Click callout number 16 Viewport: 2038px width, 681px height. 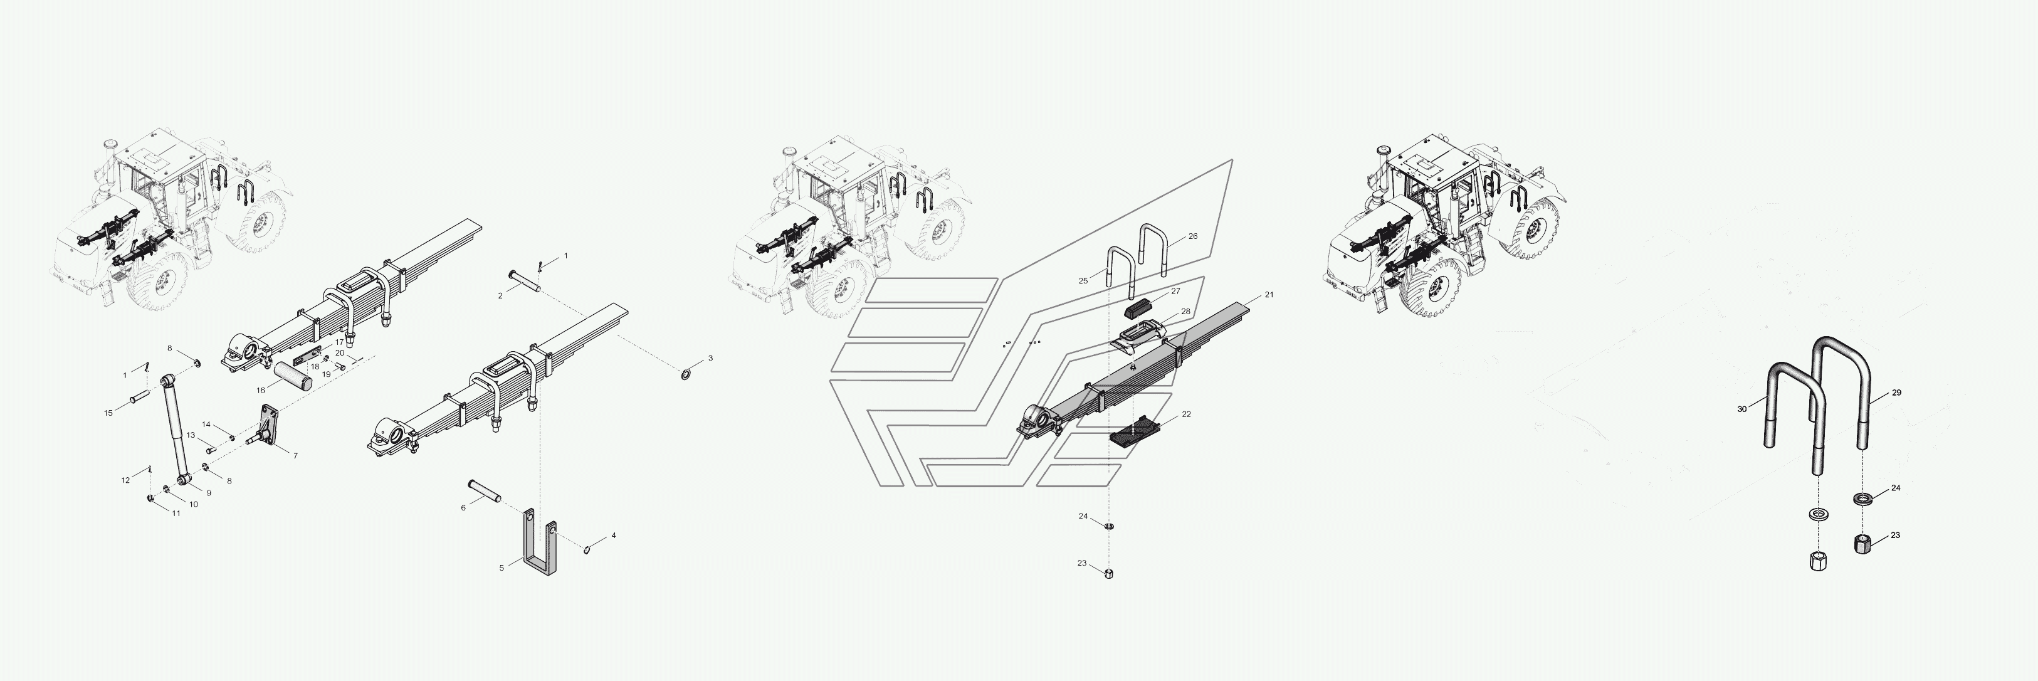coord(260,390)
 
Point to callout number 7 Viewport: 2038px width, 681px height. coord(295,457)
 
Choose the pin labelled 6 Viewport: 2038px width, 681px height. coord(484,490)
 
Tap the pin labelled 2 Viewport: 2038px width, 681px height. coord(523,281)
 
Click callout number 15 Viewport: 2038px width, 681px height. coord(109,413)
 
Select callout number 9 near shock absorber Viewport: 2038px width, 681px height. coord(209,493)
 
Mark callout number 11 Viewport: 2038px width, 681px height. coord(176,514)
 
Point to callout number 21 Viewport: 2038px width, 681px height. coord(1269,295)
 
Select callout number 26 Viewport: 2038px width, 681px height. coord(1193,236)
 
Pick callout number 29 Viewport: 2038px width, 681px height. coord(1896,393)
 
